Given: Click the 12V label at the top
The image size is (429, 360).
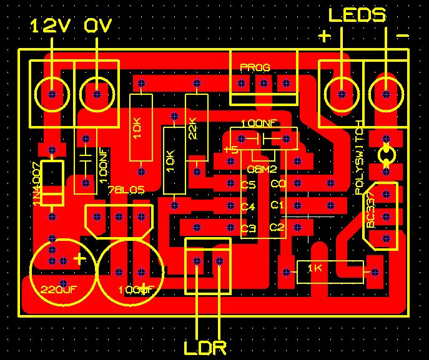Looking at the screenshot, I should (x=51, y=26).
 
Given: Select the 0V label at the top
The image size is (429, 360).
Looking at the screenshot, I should (x=99, y=26).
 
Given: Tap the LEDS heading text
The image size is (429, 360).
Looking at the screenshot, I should (x=357, y=15).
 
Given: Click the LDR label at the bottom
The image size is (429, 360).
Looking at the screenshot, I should (x=205, y=346).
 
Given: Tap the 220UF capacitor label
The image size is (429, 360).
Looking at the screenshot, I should (x=57, y=289).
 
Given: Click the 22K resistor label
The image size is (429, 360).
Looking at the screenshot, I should (x=192, y=128).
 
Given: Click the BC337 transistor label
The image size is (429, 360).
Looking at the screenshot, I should (x=371, y=214).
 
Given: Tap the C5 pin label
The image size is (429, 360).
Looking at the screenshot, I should (x=248, y=185).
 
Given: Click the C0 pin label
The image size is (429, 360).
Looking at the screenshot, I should (x=278, y=184).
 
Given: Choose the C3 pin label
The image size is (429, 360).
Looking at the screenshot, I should (x=248, y=228).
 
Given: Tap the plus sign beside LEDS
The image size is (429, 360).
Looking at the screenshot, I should (x=324, y=36).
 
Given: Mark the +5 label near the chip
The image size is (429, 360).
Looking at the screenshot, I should (x=230, y=150).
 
